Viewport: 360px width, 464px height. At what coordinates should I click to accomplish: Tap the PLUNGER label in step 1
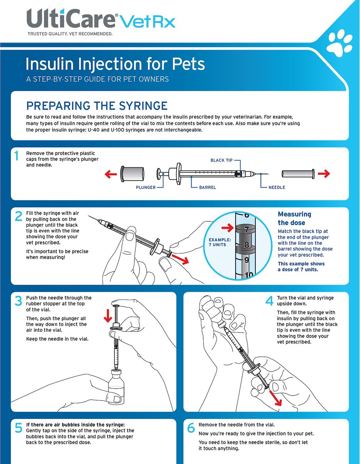(146, 188)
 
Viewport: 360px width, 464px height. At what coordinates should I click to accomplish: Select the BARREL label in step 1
(207, 188)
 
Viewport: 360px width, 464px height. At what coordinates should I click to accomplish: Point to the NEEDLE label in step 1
(277, 188)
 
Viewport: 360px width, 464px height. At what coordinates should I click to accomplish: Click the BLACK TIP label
(221, 160)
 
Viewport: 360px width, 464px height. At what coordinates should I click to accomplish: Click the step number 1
(17, 156)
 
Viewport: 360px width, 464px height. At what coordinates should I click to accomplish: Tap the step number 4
(269, 301)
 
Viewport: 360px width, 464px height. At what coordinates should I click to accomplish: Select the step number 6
(191, 428)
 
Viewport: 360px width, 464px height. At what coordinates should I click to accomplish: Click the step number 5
(18, 428)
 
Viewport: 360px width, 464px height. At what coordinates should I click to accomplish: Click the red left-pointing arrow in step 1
(111, 174)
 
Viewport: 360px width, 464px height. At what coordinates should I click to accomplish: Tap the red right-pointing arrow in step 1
(324, 174)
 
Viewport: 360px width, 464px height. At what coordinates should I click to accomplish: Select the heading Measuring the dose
(294, 218)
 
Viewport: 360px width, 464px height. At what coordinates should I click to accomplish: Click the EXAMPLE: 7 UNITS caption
(220, 242)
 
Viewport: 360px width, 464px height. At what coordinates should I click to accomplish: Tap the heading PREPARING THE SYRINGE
(97, 106)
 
